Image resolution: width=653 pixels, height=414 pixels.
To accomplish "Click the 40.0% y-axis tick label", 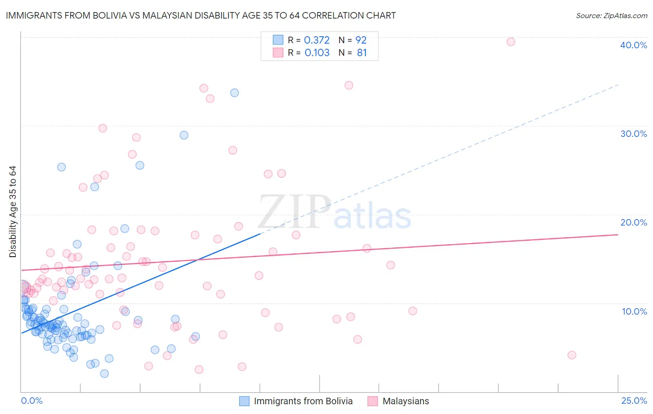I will tap(633, 45).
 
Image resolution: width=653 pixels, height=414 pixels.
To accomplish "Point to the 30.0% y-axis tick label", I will tap(633, 134).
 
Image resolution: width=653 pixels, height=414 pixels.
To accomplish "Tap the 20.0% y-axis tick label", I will tap(633, 222).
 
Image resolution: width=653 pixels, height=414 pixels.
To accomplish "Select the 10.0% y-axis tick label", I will tap(634, 311).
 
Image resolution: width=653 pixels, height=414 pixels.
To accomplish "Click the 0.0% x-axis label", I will tap(32, 401).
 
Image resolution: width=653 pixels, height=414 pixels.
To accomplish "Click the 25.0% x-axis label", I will tap(633, 401).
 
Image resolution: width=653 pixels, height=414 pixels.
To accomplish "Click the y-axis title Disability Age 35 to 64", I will tap(13, 212).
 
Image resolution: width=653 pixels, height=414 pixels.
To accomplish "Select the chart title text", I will tap(201, 15).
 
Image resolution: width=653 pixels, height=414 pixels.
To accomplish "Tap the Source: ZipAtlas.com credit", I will tap(611, 16).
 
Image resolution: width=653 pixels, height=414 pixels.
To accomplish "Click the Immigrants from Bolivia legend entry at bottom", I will tap(303, 401).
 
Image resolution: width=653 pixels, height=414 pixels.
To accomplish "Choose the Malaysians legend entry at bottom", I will tap(405, 401).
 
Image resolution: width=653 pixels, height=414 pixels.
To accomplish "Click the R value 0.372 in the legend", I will tap(317, 40).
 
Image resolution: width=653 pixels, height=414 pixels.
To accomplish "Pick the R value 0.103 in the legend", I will tap(317, 53).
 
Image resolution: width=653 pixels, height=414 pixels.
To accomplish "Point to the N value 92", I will tap(361, 40).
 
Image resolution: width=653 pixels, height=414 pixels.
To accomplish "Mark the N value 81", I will tap(362, 53).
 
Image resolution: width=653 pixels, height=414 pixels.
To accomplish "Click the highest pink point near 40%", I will tap(510, 42).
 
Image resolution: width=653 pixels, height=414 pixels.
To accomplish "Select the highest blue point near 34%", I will tap(235, 93).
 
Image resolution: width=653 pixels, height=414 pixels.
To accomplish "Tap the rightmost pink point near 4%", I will tap(572, 355).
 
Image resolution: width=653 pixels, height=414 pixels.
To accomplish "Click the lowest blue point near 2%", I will tap(104, 374).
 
